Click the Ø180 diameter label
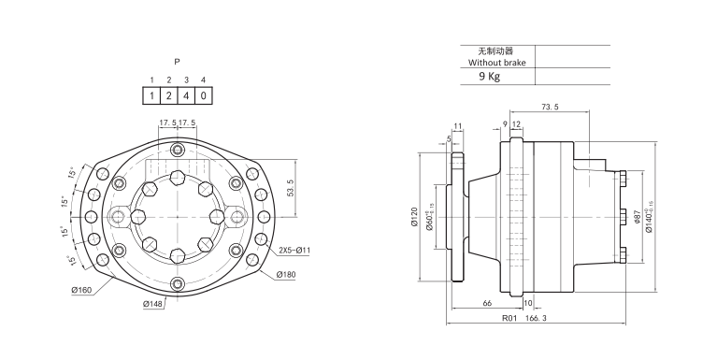coord(286,275)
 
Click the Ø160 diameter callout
coord(82,290)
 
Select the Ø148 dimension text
coord(152,304)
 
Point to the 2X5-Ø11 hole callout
coord(294,251)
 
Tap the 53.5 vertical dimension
coord(290,188)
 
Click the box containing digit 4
coord(186,96)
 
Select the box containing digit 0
coord(204,96)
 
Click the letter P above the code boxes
coord(177,62)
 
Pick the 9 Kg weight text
coord(489,77)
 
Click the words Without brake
coord(497,63)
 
